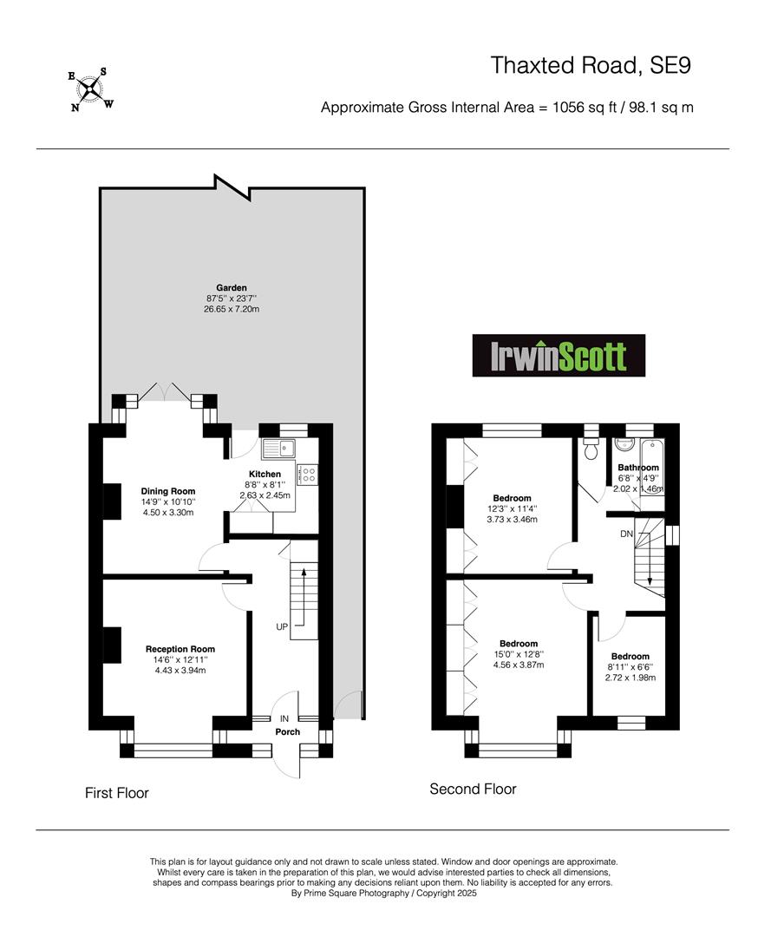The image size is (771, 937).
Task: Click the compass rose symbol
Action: click(x=91, y=90)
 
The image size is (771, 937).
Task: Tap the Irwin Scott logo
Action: click(x=559, y=356)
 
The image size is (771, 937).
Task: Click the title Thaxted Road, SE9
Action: click(x=591, y=65)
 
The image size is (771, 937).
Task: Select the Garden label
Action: click(x=231, y=287)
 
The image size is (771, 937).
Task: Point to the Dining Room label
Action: click(x=168, y=491)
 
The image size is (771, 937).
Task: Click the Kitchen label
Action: click(x=265, y=474)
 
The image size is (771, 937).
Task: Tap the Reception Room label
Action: click(x=180, y=649)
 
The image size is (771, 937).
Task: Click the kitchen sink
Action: click(x=279, y=448)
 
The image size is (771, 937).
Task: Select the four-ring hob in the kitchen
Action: click(x=308, y=475)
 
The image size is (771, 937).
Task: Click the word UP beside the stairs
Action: click(x=282, y=627)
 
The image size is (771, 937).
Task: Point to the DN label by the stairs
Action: click(x=626, y=534)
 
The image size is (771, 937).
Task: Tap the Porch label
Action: click(x=287, y=731)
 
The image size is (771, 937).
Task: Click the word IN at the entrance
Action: click(x=284, y=719)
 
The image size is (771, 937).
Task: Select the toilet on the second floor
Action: click(x=591, y=449)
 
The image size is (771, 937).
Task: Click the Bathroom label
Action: click(x=638, y=468)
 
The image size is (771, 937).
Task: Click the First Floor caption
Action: click(x=116, y=793)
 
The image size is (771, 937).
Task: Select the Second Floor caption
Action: click(x=473, y=789)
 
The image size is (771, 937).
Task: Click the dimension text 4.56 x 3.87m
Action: click(x=519, y=665)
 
